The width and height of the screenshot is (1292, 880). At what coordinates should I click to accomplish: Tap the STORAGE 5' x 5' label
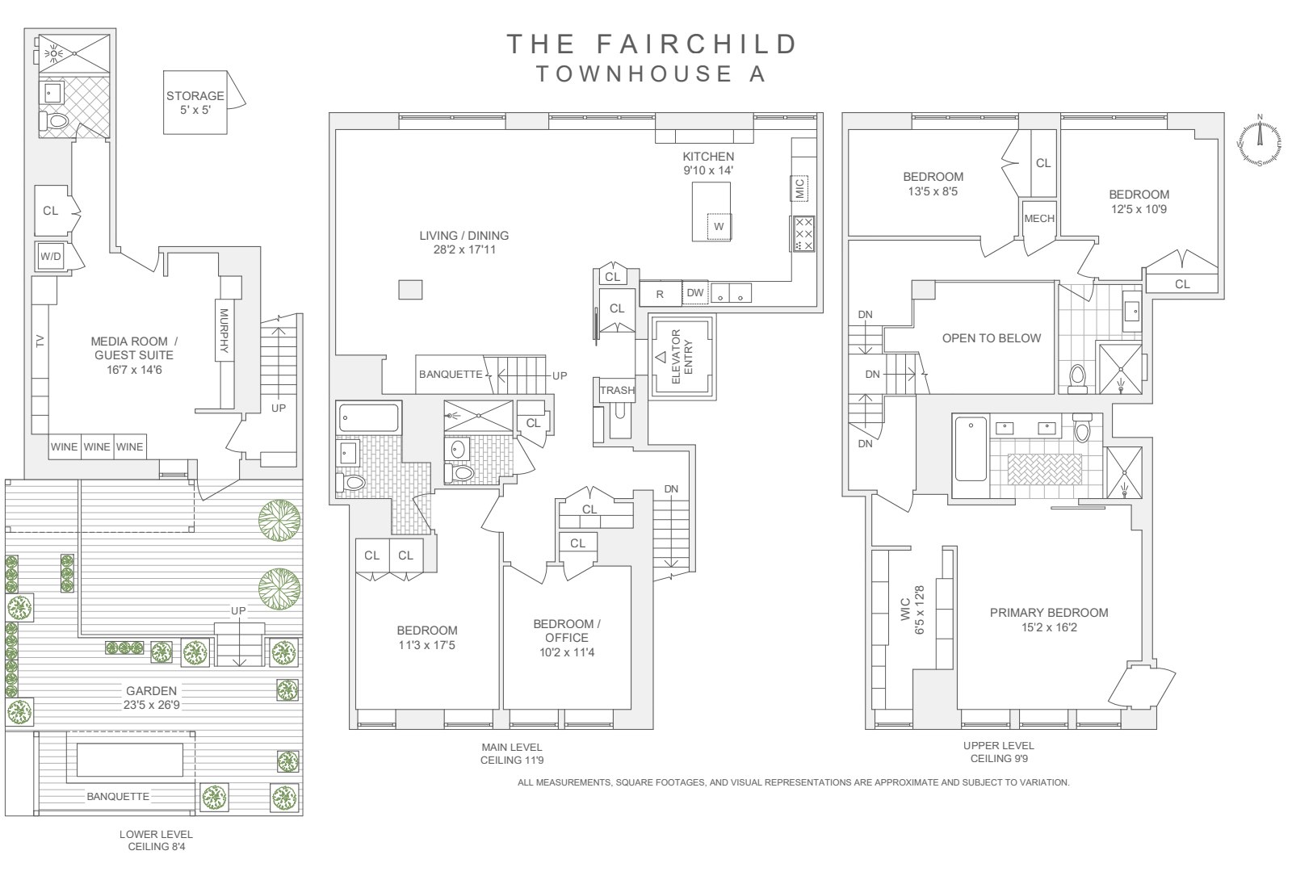pyautogui.click(x=195, y=103)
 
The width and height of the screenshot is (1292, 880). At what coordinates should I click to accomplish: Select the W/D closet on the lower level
pyautogui.click(x=51, y=256)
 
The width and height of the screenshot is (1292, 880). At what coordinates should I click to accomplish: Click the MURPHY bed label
pyautogui.click(x=224, y=330)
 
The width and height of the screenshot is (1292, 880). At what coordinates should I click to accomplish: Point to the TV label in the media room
pyautogui.click(x=40, y=341)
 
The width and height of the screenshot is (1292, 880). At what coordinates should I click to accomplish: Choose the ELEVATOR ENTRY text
pyautogui.click(x=682, y=356)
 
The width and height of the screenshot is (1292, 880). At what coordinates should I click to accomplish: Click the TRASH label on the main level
pyautogui.click(x=617, y=391)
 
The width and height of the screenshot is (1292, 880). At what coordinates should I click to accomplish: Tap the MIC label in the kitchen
pyautogui.click(x=799, y=188)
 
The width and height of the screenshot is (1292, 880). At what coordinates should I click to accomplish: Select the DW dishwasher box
pyautogui.click(x=695, y=293)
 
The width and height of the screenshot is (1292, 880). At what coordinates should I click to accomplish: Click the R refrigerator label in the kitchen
pyautogui.click(x=660, y=295)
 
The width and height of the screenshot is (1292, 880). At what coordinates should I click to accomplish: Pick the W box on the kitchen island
pyautogui.click(x=719, y=226)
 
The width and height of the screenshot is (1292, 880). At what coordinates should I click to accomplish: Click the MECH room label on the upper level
pyautogui.click(x=1039, y=219)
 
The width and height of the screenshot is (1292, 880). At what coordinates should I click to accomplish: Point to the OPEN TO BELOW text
pyautogui.click(x=992, y=338)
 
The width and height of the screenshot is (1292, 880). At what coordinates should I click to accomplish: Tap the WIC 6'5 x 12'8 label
pyautogui.click(x=912, y=610)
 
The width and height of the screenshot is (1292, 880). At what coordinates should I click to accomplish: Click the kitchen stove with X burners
pyautogui.click(x=803, y=233)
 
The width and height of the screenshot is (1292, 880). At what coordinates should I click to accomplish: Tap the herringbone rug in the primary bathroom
pyautogui.click(x=1045, y=469)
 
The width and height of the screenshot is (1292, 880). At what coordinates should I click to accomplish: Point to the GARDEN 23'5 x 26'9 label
pyautogui.click(x=152, y=698)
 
